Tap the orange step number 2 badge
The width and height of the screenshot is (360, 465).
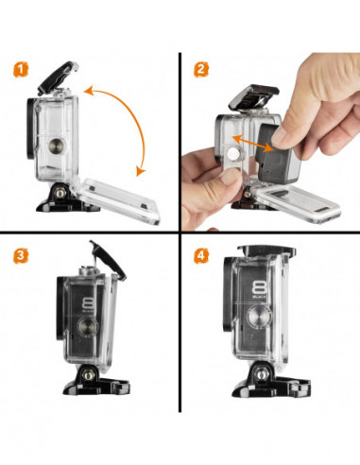tap(199, 69)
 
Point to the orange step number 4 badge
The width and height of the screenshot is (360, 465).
tap(199, 255)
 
